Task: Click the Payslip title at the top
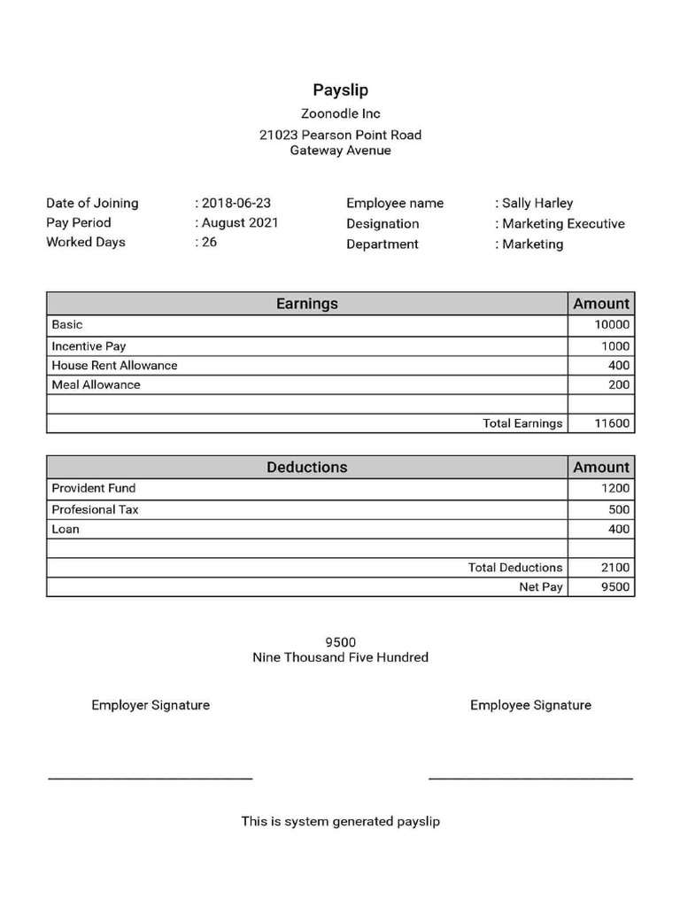pyautogui.click(x=340, y=90)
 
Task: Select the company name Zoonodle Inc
pyautogui.click(x=340, y=113)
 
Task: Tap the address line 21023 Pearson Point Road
pyautogui.click(x=340, y=135)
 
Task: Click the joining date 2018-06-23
pyautogui.click(x=236, y=203)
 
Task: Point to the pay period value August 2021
pyautogui.click(x=239, y=222)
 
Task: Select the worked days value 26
pyautogui.click(x=209, y=242)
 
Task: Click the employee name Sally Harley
pyautogui.click(x=537, y=203)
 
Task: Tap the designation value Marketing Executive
pyautogui.click(x=563, y=223)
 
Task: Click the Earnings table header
pyautogui.click(x=306, y=304)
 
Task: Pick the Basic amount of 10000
pyautogui.click(x=612, y=325)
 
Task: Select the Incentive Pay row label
pyautogui.click(x=89, y=346)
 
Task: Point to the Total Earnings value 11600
pyautogui.click(x=612, y=423)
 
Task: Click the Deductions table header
pyautogui.click(x=306, y=467)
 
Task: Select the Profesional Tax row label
pyautogui.click(x=95, y=509)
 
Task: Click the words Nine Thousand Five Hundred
pyautogui.click(x=340, y=657)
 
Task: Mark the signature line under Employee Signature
pyautogui.click(x=530, y=779)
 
